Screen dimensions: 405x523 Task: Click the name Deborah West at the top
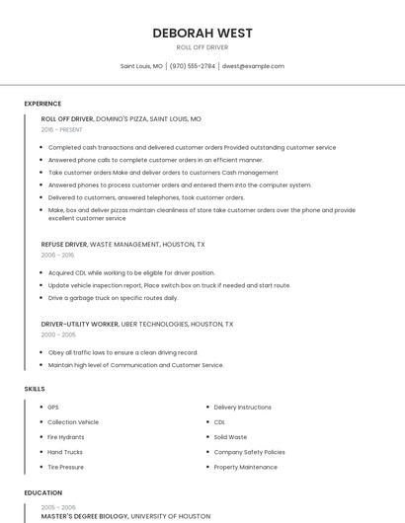(x=202, y=33)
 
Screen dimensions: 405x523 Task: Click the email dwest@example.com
(x=253, y=66)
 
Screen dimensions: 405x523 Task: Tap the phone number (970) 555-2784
(x=192, y=66)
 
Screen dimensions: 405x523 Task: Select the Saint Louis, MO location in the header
(x=141, y=66)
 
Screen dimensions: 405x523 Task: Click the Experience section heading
(x=42, y=104)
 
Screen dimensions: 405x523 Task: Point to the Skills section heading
(x=35, y=389)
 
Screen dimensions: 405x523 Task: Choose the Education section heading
(x=42, y=492)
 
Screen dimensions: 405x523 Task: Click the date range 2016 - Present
(x=63, y=129)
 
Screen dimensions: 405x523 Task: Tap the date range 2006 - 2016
(x=57, y=255)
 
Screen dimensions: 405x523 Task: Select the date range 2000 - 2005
(x=57, y=335)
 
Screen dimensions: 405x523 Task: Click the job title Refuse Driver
(x=64, y=244)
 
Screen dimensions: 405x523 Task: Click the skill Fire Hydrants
(x=66, y=437)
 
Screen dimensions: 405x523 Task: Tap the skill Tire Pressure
(x=65, y=467)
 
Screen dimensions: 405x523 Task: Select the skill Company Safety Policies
(x=249, y=452)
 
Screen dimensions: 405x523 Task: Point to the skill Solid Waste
(x=230, y=437)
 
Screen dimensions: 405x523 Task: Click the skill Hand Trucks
(x=65, y=452)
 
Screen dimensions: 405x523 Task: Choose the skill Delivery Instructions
(x=242, y=407)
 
